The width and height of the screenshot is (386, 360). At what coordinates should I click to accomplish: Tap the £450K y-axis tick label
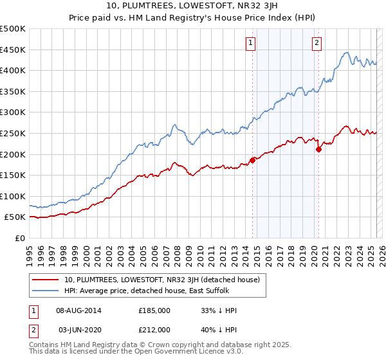pyautogui.click(x=13, y=50)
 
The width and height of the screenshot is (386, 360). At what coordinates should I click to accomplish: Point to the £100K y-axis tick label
pyautogui.click(x=13, y=196)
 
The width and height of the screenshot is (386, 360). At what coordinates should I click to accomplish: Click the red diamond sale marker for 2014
pyautogui.click(x=252, y=161)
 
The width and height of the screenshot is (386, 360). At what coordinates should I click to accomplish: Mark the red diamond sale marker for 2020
pyautogui.click(x=318, y=149)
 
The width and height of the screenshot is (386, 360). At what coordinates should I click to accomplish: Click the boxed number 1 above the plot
pyautogui.click(x=250, y=44)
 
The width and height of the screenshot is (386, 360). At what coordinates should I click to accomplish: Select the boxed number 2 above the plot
pyautogui.click(x=317, y=44)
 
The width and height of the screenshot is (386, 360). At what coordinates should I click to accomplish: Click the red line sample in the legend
pyautogui.click(x=46, y=280)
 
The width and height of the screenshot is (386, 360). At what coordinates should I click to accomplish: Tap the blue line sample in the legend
pyautogui.click(x=46, y=291)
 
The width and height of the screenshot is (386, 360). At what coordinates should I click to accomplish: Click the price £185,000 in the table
pyautogui.click(x=154, y=310)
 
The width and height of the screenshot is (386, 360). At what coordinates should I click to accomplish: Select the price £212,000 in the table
pyautogui.click(x=154, y=329)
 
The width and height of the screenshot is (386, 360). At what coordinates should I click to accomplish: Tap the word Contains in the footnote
pyautogui.click(x=45, y=346)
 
